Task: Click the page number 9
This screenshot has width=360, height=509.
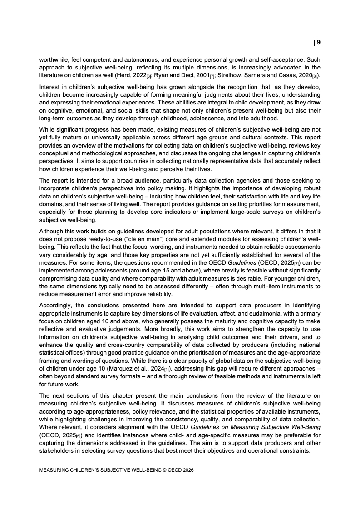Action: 318,42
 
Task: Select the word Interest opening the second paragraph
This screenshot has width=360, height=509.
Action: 50,86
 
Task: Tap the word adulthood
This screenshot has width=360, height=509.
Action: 261,119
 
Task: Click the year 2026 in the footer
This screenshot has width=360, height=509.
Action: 187,471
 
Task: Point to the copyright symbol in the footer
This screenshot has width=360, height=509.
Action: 162,471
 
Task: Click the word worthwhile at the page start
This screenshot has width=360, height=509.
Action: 54,59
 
